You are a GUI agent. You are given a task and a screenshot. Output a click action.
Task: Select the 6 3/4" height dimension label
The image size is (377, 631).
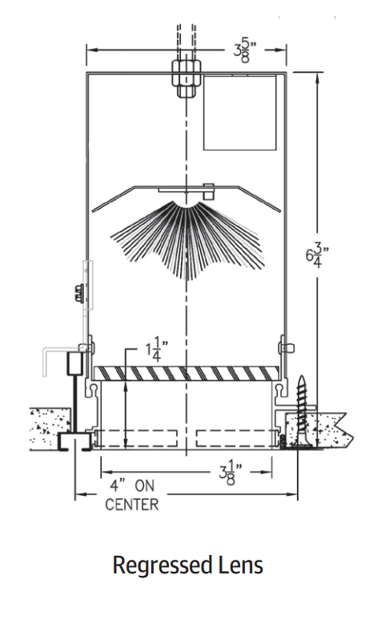click(317, 258)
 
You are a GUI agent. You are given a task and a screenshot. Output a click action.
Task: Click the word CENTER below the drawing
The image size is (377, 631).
click(132, 505)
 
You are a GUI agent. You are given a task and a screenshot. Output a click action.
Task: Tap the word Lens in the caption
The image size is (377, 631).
click(239, 565)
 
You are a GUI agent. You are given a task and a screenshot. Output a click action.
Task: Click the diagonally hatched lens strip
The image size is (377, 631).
click(188, 373)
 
